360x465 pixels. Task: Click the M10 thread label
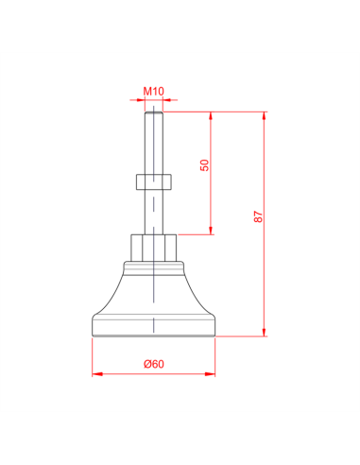coord(154,92)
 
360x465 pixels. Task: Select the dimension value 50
coord(204,165)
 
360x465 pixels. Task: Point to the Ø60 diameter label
coord(154,364)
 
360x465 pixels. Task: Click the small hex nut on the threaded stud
coord(153,181)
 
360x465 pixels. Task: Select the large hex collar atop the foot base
coord(153,248)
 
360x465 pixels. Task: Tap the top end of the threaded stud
coord(153,113)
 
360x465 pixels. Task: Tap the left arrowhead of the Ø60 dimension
coord(95,373)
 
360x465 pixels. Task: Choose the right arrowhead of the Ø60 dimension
coord(212,373)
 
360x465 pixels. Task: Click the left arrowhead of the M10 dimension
coord(138,100)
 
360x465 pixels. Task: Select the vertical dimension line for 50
coord(211,198)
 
